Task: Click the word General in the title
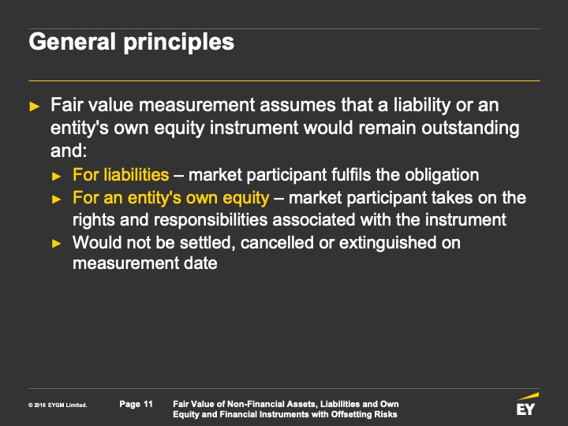coord(72,42)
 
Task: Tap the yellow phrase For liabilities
coord(121,174)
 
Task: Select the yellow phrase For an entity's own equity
coord(170,198)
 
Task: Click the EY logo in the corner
coord(527,404)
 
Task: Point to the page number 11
coord(148,404)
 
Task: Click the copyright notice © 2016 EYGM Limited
coord(58,405)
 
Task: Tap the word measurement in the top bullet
coord(197,105)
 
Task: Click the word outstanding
coord(470,129)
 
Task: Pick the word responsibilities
coord(211,220)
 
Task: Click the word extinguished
coord(387,243)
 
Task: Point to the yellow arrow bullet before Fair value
coord(35,106)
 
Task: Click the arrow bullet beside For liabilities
coord(57,177)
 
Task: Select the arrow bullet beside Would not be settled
coord(57,244)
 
